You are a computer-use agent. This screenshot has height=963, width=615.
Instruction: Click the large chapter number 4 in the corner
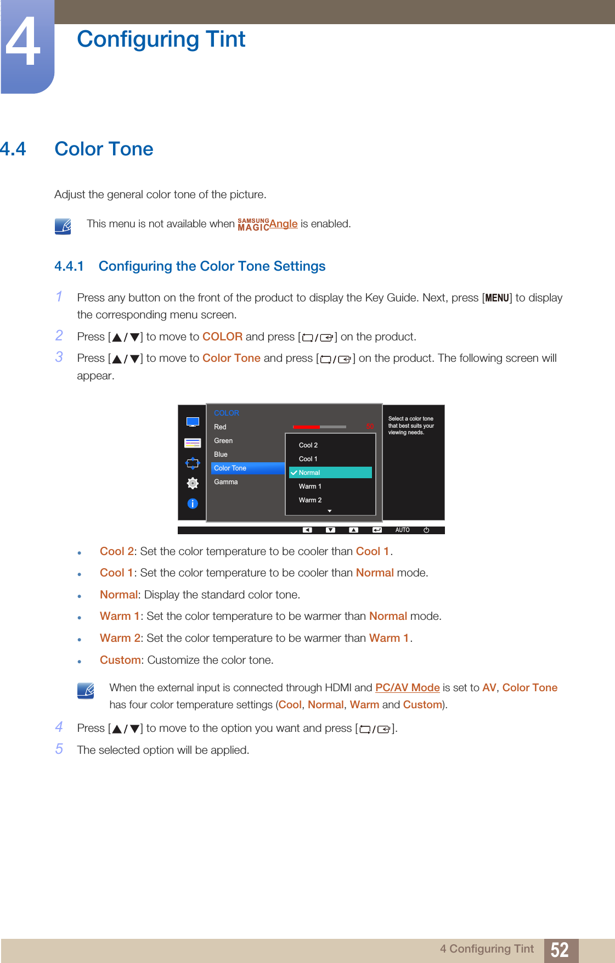(23, 43)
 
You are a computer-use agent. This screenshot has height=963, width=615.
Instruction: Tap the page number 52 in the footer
(560, 950)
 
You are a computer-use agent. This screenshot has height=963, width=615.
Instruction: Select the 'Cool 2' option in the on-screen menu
(308, 445)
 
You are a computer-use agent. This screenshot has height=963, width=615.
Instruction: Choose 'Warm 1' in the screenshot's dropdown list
(310, 486)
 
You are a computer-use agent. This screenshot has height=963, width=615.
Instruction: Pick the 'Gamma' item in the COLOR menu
(226, 482)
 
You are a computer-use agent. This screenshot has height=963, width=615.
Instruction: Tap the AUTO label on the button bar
(402, 530)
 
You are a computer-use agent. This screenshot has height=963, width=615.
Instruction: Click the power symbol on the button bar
(426, 530)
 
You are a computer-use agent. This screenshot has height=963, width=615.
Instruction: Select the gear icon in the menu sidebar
(193, 483)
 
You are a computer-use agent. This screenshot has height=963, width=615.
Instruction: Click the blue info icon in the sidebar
(193, 503)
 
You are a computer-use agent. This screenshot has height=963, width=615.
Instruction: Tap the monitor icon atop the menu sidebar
(193, 422)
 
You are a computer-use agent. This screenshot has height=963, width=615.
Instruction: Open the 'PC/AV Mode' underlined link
(407, 687)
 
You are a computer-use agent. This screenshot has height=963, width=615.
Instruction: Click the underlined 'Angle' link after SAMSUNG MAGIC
(283, 223)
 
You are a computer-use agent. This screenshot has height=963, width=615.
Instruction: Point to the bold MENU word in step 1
(497, 298)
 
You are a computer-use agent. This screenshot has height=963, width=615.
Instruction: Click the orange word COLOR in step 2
(222, 337)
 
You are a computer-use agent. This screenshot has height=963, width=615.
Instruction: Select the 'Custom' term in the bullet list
(120, 660)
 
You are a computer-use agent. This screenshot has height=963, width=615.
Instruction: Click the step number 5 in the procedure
(59, 749)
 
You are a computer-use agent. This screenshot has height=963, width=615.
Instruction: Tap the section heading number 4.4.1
(69, 266)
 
